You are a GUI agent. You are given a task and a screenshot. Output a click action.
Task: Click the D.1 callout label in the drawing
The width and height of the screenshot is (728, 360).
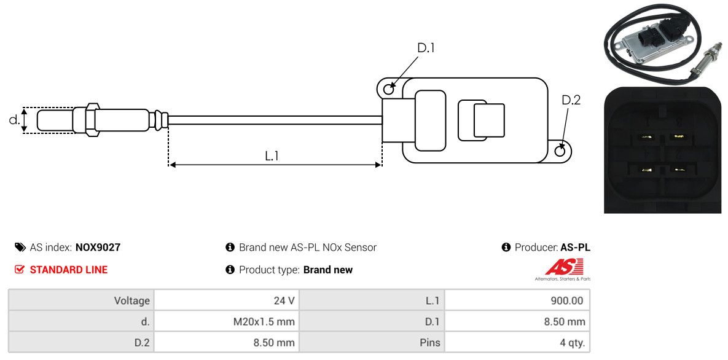pos(426,48)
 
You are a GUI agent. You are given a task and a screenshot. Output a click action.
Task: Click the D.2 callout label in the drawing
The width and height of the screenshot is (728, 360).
pos(571,100)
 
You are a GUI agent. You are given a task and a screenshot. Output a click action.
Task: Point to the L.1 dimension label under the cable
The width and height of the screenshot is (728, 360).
pos(272,156)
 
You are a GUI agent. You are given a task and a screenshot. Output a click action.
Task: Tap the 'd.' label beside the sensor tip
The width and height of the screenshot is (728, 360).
pos(14,120)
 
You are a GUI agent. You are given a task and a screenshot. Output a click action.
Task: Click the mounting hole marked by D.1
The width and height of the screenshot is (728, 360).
pos(388,90)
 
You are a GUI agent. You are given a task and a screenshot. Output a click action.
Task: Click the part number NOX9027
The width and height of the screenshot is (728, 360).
pos(98,248)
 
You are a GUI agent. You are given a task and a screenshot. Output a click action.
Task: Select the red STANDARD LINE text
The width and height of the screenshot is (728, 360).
pos(68,270)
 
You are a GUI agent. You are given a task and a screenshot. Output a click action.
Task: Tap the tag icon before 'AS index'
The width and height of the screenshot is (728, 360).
pos(20,248)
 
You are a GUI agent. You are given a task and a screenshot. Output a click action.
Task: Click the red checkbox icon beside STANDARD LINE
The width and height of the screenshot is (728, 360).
pos(20,270)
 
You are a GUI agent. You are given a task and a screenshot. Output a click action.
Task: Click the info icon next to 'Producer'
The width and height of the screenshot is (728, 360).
pos(506,248)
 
